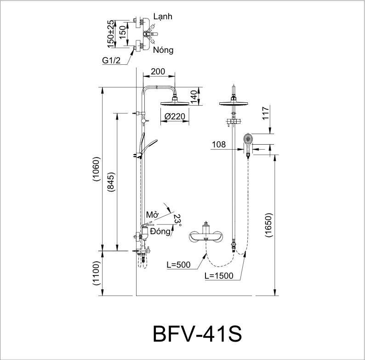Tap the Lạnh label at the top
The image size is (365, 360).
click(163, 17)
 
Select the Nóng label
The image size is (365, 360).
click(163, 50)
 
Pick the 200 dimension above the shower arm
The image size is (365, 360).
click(158, 72)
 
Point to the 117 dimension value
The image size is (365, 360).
click(265, 112)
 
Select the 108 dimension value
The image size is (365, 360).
click(219, 145)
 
